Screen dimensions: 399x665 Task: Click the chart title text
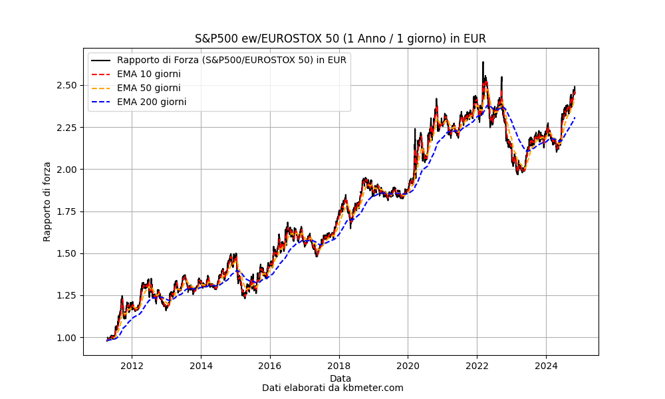340,39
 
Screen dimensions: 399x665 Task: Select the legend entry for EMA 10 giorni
148,74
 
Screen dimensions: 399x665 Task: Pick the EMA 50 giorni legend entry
148,88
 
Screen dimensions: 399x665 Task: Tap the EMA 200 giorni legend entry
151,102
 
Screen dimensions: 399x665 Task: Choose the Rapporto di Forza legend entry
231,60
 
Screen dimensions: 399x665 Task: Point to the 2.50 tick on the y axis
68,85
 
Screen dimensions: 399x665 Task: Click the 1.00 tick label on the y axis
68,337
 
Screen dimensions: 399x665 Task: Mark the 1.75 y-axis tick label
68,211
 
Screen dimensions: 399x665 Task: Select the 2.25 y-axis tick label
68,127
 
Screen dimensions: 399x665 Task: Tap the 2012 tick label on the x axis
132,365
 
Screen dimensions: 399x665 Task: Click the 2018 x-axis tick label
338,365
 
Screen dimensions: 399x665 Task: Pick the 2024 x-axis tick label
546,365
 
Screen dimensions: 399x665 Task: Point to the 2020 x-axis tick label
408,365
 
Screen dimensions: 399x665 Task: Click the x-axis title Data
340,378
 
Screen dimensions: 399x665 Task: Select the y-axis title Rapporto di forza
47,201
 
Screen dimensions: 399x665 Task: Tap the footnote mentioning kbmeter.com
332,388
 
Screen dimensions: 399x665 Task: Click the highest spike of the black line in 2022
483,62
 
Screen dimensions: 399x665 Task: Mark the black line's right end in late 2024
575,87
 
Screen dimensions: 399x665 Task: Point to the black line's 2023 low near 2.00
518,174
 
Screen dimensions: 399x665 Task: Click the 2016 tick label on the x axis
269,365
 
